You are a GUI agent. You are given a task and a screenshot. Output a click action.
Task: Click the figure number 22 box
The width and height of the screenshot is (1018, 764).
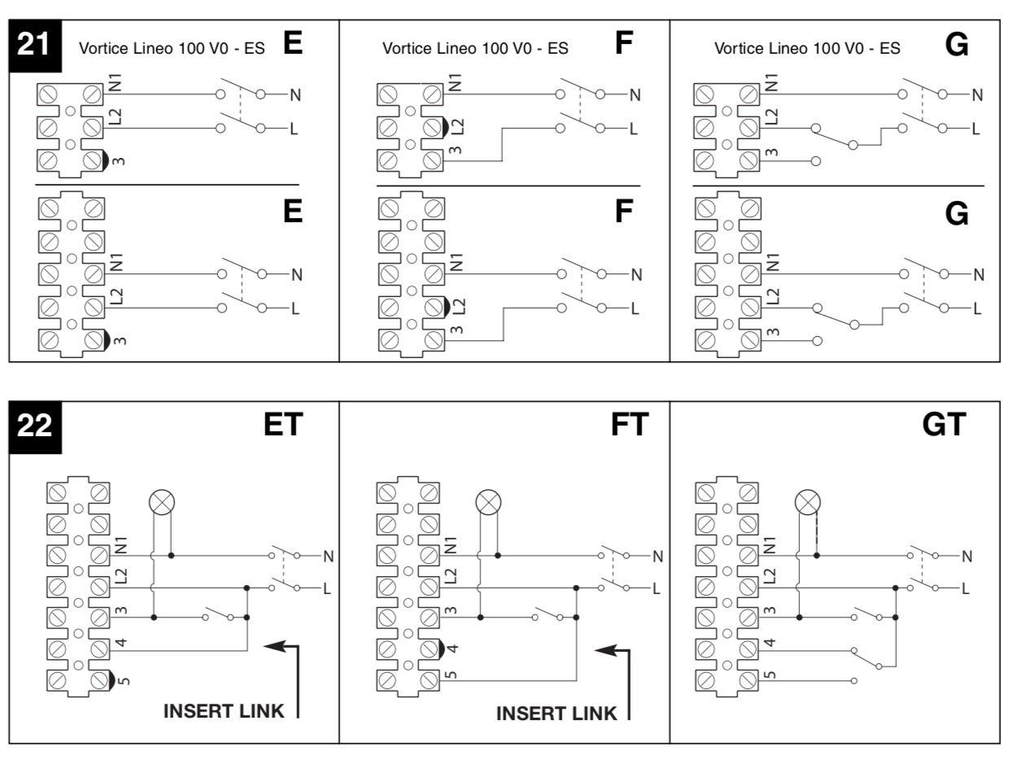pyautogui.click(x=33, y=425)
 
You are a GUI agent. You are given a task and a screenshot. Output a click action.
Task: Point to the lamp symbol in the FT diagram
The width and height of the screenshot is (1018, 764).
pyautogui.click(x=488, y=503)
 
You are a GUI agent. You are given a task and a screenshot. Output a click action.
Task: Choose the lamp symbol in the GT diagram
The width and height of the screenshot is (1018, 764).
pyautogui.click(x=807, y=503)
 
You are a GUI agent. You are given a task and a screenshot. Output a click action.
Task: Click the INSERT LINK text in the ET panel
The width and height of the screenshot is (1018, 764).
pyautogui.click(x=224, y=710)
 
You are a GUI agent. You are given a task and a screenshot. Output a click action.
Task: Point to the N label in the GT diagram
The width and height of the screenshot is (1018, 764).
pyautogui.click(x=967, y=557)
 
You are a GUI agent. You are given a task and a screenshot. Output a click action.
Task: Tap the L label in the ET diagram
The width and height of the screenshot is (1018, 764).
pyautogui.click(x=326, y=587)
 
